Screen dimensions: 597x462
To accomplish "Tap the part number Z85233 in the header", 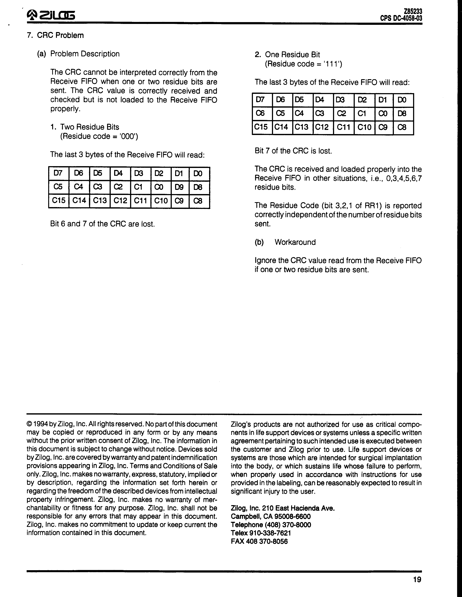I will pos(413,11).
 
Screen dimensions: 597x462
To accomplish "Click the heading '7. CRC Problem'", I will pos(55,36).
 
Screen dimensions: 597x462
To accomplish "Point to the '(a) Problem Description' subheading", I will pos(78,54).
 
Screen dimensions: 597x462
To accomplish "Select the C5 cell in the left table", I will pos(58,187).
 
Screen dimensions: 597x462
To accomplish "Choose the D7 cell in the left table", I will pos(58,173).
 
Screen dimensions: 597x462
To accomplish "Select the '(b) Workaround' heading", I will pos(285,242).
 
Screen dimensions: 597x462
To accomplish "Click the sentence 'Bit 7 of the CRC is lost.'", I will pos(293,151).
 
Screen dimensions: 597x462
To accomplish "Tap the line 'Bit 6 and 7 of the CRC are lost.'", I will pos(103,224).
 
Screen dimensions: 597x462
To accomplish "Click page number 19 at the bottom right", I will pos(417,579).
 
